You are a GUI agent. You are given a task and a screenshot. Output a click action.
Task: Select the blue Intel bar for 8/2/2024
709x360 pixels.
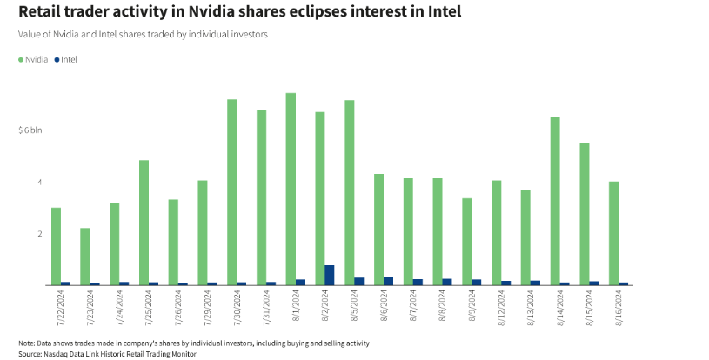(x=330, y=275)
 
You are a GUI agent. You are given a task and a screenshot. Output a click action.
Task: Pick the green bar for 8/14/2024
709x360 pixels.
(x=555, y=201)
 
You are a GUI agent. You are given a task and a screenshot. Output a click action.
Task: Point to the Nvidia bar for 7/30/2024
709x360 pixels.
(x=232, y=192)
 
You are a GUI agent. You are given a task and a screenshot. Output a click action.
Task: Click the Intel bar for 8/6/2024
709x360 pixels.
(x=389, y=281)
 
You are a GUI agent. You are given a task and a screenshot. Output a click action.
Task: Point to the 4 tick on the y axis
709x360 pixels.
(x=38, y=182)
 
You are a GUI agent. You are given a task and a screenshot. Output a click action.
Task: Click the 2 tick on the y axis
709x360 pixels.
(x=38, y=234)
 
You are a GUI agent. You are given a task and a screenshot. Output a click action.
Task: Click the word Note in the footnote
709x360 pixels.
(x=27, y=343)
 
